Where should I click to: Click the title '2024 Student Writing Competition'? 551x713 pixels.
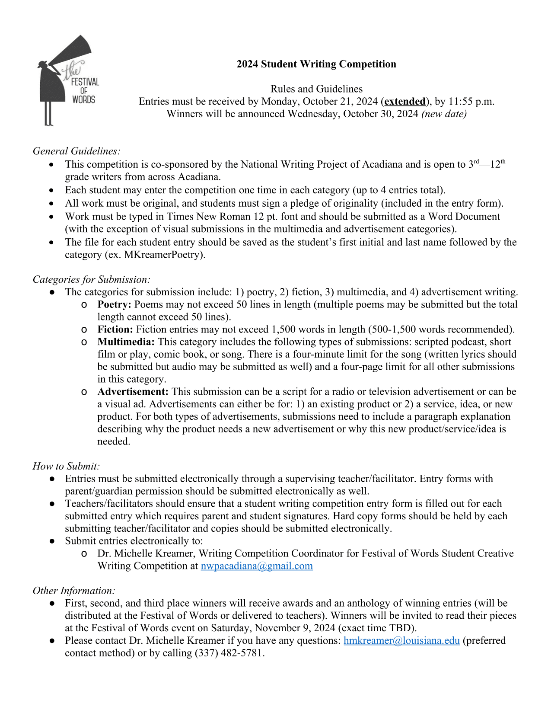pos(316,64)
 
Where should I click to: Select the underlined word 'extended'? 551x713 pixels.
pos(405,102)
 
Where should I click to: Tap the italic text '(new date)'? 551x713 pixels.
pos(444,114)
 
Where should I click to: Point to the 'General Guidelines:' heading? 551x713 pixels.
pos(76,151)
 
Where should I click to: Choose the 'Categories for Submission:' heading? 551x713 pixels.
pos(91,280)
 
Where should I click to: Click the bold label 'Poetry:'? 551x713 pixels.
pos(114,305)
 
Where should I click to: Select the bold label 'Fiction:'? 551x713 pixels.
pos(115,329)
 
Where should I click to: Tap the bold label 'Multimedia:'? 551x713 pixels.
pos(126,342)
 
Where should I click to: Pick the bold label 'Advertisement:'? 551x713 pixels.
pos(133,392)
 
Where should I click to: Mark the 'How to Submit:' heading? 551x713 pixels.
pos(66,467)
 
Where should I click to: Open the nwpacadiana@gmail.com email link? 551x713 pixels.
pos(257,566)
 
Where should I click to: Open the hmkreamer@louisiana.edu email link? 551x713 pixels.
pos(401,641)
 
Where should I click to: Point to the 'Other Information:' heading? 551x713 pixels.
pos(74,591)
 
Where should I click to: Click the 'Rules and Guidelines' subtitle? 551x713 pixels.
pos(316,89)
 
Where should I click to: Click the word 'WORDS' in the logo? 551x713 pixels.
pos(83,99)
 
